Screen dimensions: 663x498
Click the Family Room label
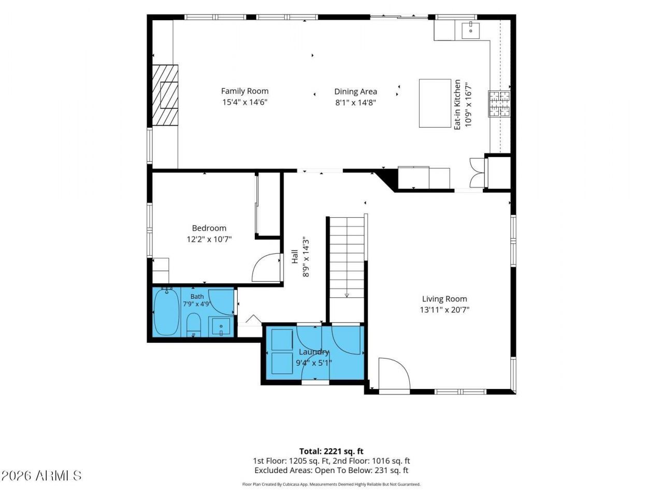(244, 91)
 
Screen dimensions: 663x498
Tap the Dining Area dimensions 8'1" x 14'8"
(355, 103)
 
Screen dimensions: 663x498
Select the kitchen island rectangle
(435, 103)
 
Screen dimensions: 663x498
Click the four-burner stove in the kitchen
(499, 104)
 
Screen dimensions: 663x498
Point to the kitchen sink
(470, 30)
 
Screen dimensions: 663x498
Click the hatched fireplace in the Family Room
(165, 95)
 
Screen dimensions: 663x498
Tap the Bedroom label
(209, 228)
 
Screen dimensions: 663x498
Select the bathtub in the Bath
(166, 312)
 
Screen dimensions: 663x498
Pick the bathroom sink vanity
(221, 326)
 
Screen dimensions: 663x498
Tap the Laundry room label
(314, 352)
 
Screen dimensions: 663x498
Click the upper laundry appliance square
(282, 340)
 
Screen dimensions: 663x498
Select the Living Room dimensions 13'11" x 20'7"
(444, 310)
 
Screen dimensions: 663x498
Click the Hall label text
(295, 256)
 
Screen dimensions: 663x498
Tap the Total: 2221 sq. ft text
(331, 451)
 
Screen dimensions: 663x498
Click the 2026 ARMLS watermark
(41, 476)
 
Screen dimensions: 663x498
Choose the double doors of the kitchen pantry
(478, 173)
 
